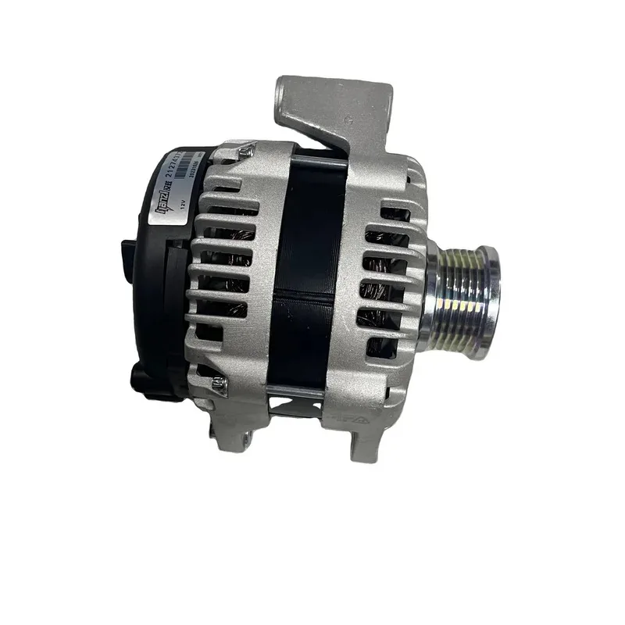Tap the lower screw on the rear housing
tap(221, 382)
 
